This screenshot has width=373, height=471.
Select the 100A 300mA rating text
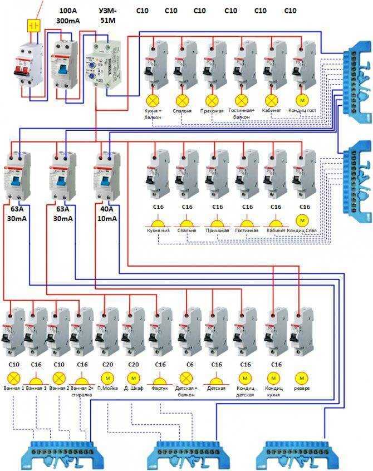pos(67,16)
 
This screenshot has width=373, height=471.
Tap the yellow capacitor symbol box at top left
pos(33,26)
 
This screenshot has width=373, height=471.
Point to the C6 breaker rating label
pos(190,364)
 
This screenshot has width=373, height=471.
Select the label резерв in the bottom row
pos(302,388)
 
